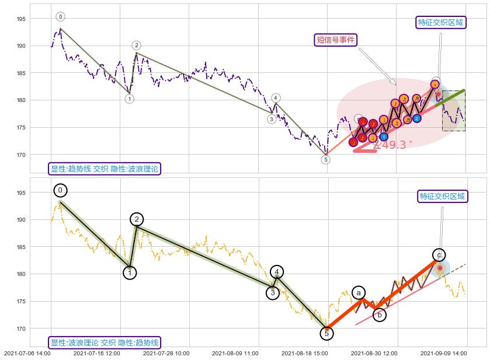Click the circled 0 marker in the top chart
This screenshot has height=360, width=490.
(x=60, y=16)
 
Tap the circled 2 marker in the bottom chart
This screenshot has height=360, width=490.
(x=137, y=219)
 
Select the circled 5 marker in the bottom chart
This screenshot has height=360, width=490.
(x=326, y=334)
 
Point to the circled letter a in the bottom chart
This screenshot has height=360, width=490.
(x=359, y=293)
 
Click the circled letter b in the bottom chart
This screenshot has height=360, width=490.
(x=380, y=315)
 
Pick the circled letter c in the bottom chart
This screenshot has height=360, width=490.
(x=439, y=255)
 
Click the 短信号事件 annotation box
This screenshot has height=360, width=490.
(x=336, y=40)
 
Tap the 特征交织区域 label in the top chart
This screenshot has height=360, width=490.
(x=441, y=23)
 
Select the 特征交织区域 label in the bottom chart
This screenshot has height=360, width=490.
(x=443, y=196)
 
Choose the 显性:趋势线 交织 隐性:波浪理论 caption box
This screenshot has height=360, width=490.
(x=105, y=169)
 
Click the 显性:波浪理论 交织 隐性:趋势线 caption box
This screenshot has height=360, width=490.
(x=105, y=342)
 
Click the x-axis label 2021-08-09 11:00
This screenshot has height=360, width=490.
(x=235, y=353)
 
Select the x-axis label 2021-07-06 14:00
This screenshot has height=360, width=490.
(x=27, y=353)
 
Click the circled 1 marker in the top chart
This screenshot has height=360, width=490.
(x=130, y=99)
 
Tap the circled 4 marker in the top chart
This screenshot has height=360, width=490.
(x=276, y=98)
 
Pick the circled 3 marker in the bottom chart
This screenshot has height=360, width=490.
(x=272, y=293)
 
